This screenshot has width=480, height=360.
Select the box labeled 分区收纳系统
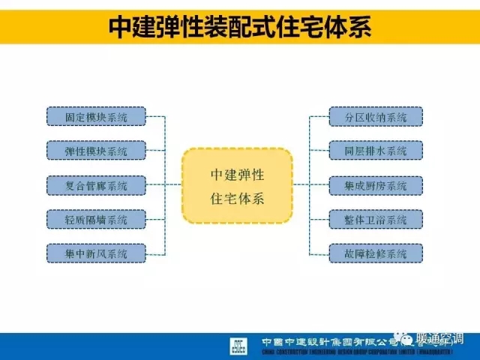pos(376,116)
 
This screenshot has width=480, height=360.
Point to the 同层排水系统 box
pos(376,151)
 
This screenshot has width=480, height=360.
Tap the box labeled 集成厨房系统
pos(376,185)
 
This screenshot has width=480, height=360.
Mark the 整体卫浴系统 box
pos(376,220)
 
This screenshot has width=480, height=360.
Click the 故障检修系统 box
pos(376,253)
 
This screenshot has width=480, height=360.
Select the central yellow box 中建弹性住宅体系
pos(238,185)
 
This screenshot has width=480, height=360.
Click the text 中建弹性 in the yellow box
pos(238,173)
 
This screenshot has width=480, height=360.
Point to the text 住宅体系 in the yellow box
pos(238,199)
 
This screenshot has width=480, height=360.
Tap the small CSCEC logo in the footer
pos(238,346)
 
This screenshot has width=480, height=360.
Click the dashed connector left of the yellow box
pos(173,185)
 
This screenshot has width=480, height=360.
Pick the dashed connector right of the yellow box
pos(301,185)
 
